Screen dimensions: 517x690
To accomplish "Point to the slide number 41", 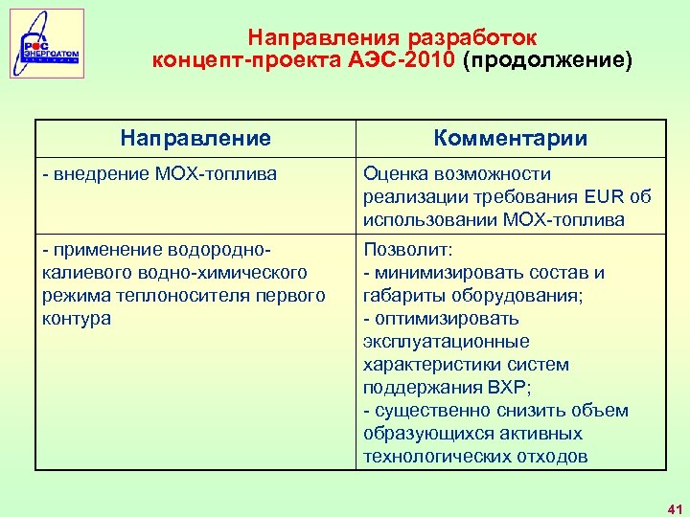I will click(x=674, y=506).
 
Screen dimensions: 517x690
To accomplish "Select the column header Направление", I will click(x=195, y=139).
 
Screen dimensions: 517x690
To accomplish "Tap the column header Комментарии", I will click(x=510, y=139).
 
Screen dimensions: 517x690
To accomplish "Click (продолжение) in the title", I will click(x=547, y=61).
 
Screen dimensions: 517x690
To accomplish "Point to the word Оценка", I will click(x=394, y=174).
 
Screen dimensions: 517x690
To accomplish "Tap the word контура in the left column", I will click(x=77, y=319).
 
